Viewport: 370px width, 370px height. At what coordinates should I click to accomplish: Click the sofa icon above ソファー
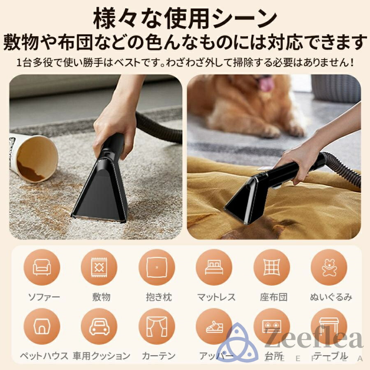point(42,267)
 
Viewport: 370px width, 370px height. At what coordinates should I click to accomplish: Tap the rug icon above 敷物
point(99,267)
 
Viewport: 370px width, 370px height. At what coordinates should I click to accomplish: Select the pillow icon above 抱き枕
point(157,267)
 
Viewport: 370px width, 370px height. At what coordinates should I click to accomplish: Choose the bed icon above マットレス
point(214,267)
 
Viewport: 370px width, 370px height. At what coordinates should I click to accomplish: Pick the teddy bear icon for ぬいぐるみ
point(329,267)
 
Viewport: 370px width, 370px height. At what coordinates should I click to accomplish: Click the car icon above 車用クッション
point(99,327)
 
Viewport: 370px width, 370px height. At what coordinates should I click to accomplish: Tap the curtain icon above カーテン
point(157,327)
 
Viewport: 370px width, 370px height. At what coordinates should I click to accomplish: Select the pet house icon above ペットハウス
point(42,327)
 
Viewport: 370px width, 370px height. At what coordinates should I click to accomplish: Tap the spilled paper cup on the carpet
point(33,158)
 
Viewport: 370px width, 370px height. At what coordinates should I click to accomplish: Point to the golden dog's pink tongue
point(266,84)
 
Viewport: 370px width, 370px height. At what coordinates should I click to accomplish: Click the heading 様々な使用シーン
point(185,18)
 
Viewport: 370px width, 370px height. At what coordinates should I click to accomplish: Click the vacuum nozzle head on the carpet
point(101,197)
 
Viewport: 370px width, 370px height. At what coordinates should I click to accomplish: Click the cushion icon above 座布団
point(272,267)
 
